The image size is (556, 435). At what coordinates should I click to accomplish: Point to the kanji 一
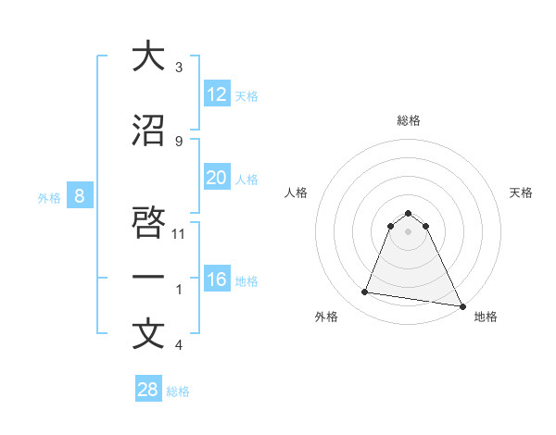(x=148, y=278)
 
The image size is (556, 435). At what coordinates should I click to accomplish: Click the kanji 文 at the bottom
(x=148, y=334)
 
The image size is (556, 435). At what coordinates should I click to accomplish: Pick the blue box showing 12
(x=216, y=94)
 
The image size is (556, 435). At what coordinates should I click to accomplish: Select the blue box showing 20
(x=216, y=178)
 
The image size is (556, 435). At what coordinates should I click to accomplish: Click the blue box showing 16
(x=216, y=280)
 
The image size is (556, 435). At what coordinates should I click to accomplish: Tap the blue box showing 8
(x=80, y=195)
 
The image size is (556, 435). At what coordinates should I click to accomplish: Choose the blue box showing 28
(x=148, y=390)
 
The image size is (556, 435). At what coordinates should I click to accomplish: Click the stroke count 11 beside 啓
(x=180, y=233)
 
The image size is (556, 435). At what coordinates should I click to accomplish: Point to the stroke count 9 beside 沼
(x=179, y=141)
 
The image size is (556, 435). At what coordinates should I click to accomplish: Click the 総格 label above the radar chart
(x=409, y=120)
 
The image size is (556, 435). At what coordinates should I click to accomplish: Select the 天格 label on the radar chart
(x=522, y=193)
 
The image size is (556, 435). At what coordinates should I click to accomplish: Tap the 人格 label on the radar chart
(x=297, y=193)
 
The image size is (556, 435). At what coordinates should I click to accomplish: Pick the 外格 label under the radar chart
(x=326, y=317)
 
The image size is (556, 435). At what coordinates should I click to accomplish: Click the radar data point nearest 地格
(x=461, y=305)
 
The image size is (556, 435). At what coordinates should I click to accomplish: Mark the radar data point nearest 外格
(x=365, y=292)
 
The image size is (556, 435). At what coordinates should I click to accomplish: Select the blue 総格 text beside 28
(x=178, y=391)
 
